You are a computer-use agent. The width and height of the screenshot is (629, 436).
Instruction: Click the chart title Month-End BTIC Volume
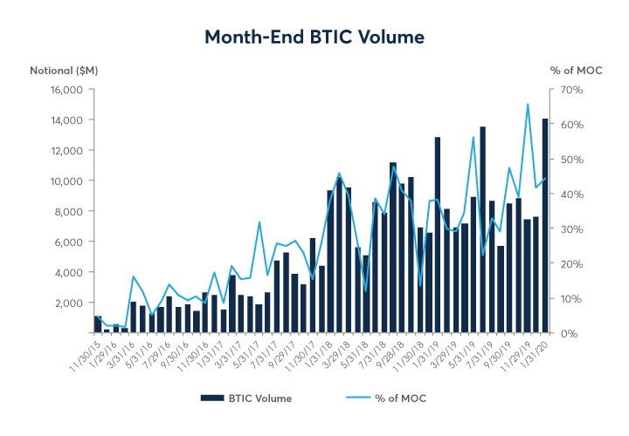(314, 37)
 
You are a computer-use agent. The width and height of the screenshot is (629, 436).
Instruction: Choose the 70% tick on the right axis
(560, 90)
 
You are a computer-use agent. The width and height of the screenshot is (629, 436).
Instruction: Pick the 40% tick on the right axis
(560, 194)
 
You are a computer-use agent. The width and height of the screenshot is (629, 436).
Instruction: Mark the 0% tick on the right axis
(557, 333)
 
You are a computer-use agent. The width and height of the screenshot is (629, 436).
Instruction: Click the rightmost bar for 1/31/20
(545, 226)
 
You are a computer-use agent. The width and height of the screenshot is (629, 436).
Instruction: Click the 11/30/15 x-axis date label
(85, 352)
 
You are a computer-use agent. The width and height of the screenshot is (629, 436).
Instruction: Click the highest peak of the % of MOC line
(528, 104)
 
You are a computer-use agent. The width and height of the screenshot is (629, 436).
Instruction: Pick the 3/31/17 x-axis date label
(219, 351)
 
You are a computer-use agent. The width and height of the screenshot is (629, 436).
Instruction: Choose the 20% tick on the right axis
(560, 264)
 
